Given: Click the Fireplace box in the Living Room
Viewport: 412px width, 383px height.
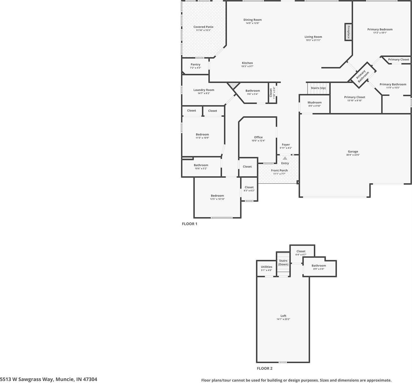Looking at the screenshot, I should pos(348,32).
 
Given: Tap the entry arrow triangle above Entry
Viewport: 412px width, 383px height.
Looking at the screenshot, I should pos(285,158).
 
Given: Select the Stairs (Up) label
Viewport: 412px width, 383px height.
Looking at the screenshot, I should pos(318,88).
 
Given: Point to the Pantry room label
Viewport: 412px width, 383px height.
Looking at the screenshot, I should pos(195,64).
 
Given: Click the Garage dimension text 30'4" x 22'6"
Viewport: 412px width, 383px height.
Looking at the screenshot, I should pos(353,155).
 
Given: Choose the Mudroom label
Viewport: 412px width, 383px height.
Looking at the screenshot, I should pos(314,102).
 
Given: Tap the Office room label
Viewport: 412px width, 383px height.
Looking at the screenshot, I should pos(258,137).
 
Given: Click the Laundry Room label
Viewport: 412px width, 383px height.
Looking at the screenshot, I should pos(204,90).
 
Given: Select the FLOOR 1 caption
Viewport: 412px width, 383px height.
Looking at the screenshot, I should pos(190,224).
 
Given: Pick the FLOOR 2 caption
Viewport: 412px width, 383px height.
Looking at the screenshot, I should pos(265,368).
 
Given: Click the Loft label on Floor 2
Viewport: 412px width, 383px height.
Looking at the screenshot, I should pos(283,316).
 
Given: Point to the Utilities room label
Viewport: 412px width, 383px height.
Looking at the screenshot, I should pos(266,267).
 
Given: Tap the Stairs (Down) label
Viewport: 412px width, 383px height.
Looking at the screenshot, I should pos(283,262).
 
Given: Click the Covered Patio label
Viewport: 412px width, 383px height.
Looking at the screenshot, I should pos(203,27).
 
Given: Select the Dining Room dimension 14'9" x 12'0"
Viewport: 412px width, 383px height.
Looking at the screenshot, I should pos(252,23).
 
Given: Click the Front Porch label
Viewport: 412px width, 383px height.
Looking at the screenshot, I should pos(279,170).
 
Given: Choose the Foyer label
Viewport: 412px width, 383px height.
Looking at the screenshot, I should pos(286,145).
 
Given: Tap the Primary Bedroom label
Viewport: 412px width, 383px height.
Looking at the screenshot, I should pos(380,29).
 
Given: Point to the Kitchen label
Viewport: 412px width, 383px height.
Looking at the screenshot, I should pos(247,63).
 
